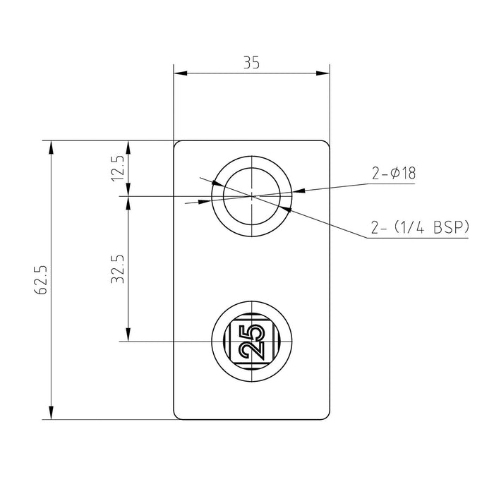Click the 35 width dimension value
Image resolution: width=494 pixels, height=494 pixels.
pyautogui.click(x=252, y=62)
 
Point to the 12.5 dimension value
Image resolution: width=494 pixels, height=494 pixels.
pyautogui.click(x=117, y=168)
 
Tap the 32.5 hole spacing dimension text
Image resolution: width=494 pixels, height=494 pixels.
pyautogui.click(x=117, y=268)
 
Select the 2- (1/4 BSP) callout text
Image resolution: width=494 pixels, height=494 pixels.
pyautogui.click(x=419, y=227)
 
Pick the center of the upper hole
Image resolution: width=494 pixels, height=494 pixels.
pyautogui.click(x=253, y=194)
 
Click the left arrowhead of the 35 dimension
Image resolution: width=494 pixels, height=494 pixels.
pyautogui.click(x=179, y=73)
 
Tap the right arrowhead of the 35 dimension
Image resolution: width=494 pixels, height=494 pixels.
pyautogui.click(x=325, y=73)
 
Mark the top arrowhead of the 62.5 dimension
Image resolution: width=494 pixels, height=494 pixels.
pyautogui.click(x=51, y=147)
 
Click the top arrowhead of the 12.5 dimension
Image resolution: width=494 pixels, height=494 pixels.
pyautogui.click(x=128, y=147)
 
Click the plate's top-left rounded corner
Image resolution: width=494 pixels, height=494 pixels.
pyautogui.click(x=177, y=145)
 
